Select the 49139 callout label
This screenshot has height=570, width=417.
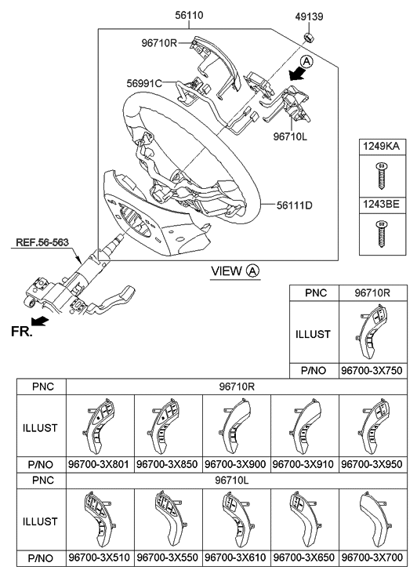[x=308, y=15]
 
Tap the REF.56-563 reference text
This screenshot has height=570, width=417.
[x=44, y=242]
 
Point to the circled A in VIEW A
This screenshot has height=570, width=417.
[x=252, y=271]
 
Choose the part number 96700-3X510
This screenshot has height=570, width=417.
[x=100, y=558]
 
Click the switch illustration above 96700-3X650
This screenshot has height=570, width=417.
[x=304, y=520]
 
